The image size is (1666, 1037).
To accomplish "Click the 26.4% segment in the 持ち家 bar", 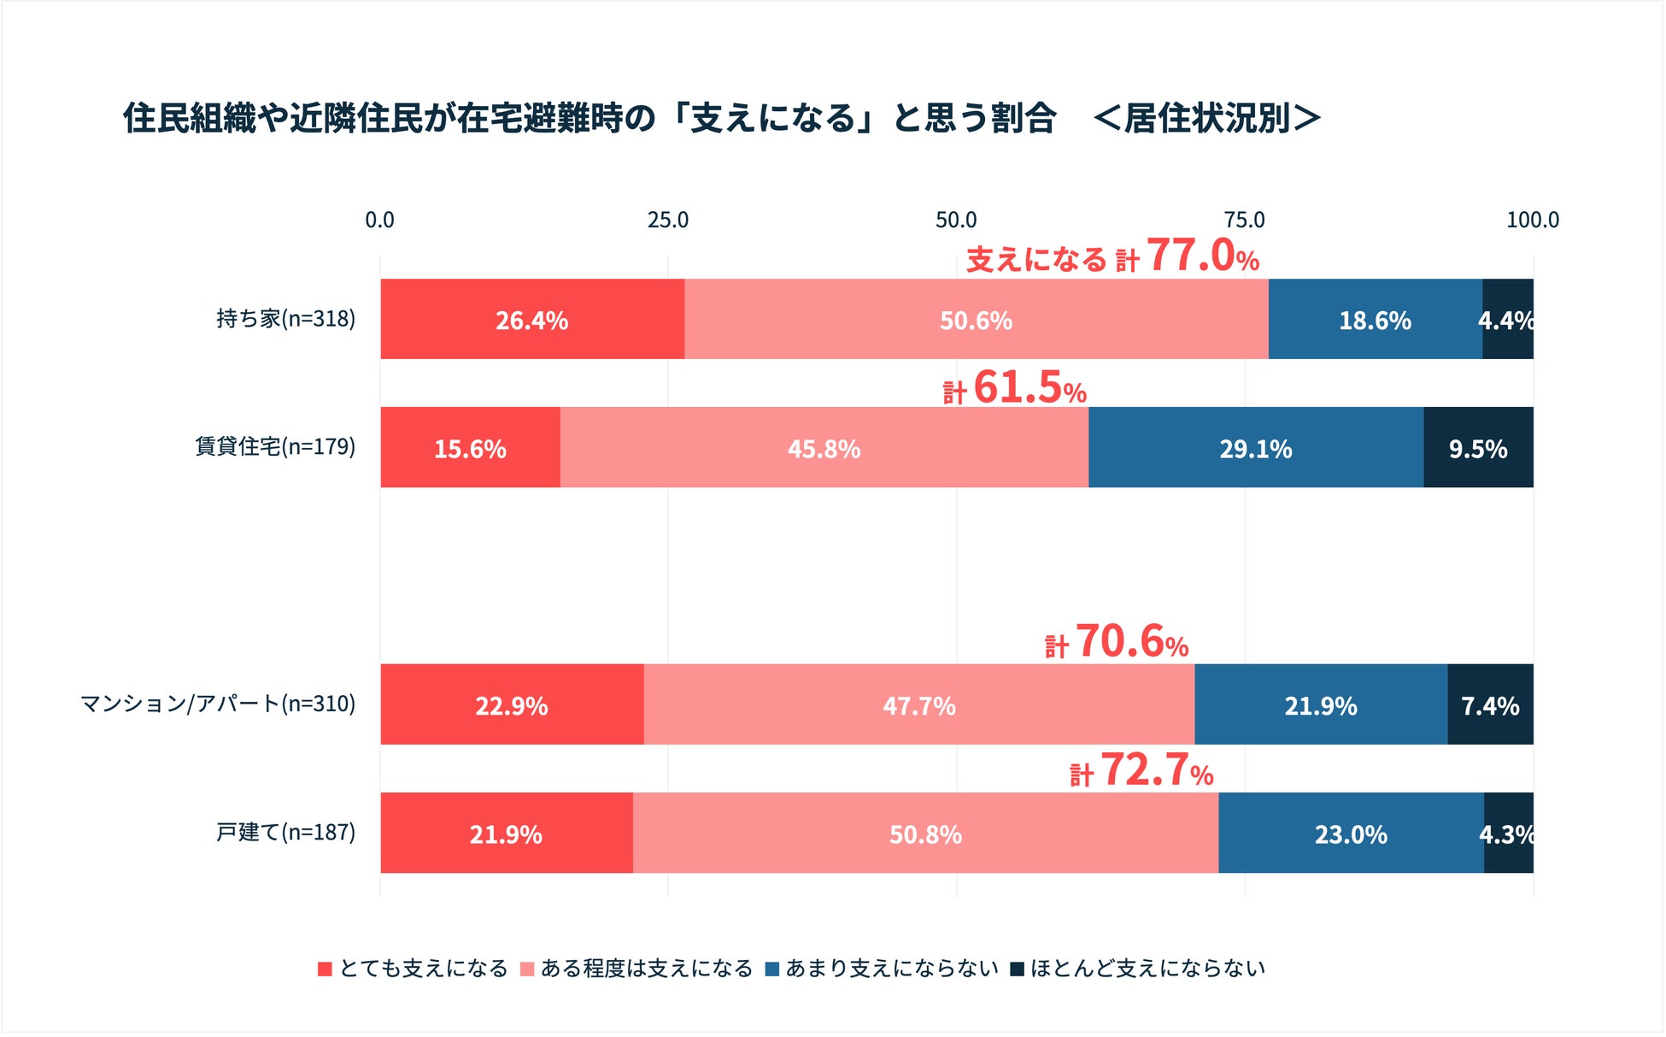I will [531, 320].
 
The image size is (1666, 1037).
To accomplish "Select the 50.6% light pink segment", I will [976, 320].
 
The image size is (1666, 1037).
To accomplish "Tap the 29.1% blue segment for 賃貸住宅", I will [1255, 448].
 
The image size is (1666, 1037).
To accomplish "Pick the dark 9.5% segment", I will [1478, 448].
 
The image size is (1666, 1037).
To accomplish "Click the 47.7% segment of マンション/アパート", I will [918, 705].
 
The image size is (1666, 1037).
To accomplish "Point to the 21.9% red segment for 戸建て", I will [506, 834].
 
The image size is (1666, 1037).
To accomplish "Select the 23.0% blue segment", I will [1350, 834].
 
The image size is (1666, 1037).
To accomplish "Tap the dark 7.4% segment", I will [1490, 705].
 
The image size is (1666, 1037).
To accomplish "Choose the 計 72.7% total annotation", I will [1141, 770].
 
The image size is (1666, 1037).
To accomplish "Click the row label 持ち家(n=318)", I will [285, 319].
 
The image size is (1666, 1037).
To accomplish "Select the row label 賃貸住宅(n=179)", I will [275, 447].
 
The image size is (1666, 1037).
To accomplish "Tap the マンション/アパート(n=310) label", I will [218, 704].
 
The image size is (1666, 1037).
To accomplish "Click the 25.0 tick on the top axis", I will [667, 221].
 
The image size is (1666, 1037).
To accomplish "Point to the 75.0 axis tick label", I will [1244, 221].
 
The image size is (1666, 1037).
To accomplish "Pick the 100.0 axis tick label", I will [1532, 221].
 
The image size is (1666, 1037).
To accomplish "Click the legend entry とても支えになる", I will [414, 969].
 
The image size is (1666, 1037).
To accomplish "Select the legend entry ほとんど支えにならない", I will [1138, 969].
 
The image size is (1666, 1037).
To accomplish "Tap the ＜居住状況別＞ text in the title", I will [1206, 118].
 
